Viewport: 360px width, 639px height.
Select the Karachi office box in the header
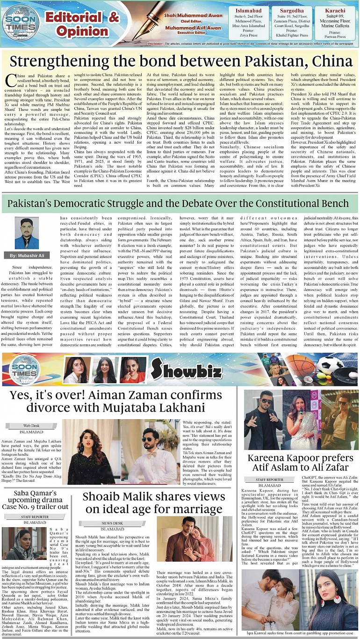334,22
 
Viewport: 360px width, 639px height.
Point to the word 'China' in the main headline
325,62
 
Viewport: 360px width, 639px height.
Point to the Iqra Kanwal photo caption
299,633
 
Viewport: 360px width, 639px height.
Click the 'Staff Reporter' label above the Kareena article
269,479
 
